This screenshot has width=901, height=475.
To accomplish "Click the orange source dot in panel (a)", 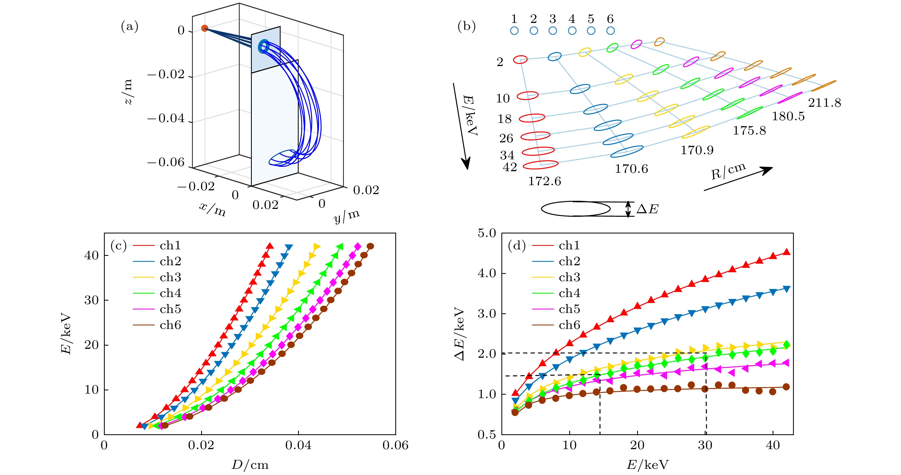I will (205, 28).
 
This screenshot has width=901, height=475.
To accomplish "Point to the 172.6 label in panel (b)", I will (544, 181).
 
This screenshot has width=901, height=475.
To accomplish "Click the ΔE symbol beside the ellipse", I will (647, 209).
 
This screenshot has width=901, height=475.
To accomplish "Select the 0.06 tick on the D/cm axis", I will (395, 445).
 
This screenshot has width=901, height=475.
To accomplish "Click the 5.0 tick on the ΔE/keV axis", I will (487, 233).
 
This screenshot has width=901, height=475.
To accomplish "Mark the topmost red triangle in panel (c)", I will (270, 246).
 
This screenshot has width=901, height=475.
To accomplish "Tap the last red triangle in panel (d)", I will (786, 252).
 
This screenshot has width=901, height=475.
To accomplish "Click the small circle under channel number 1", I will (514, 31).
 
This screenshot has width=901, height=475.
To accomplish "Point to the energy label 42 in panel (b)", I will (510, 167).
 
